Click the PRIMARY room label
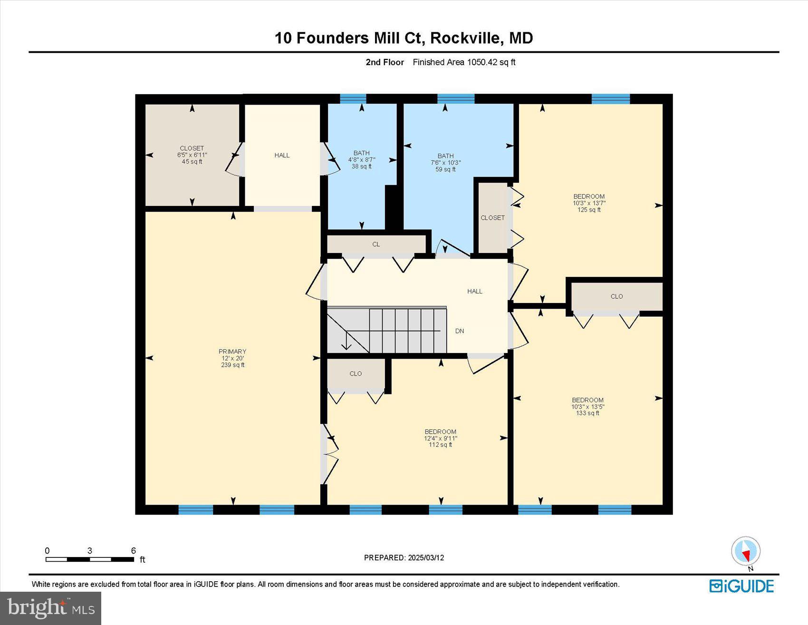point(232,352)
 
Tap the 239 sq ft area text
point(232,365)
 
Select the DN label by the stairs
point(459,331)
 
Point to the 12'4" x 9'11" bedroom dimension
point(441,438)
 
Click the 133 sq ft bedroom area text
point(587,413)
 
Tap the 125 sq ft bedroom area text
point(589,210)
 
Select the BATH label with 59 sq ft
point(445,156)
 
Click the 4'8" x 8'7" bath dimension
point(362,160)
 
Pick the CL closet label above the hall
point(376,244)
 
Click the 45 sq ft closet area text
point(192,161)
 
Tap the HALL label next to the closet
point(282,155)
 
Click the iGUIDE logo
point(741,586)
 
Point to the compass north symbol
point(745,552)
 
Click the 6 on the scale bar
point(134,550)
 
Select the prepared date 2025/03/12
point(425,557)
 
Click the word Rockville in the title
point(466,38)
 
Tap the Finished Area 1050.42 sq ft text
point(464,62)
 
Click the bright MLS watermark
point(50,608)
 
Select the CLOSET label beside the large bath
point(492,218)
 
